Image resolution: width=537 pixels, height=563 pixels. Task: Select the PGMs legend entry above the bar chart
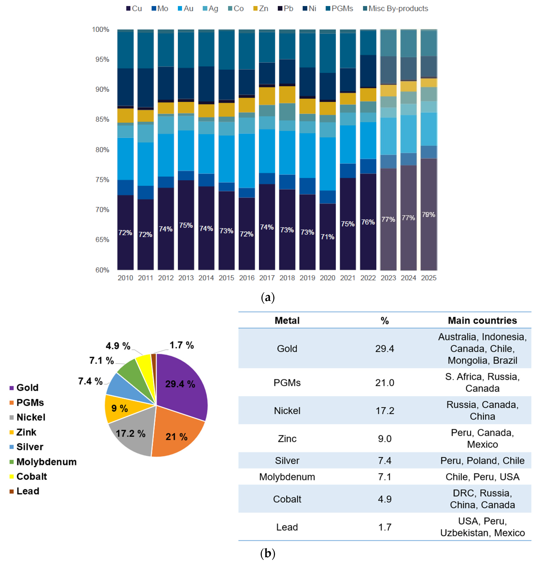(x=340, y=9)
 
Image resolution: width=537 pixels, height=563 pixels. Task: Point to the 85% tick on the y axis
(x=102, y=120)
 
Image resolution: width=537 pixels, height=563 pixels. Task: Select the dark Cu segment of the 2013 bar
(x=186, y=244)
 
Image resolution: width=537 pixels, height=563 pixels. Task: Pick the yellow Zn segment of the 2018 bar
(x=287, y=95)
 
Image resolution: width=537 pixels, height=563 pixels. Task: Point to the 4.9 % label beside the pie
(x=118, y=346)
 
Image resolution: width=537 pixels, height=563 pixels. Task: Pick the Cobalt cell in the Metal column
(x=287, y=499)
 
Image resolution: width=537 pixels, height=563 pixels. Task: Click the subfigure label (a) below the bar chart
(x=268, y=297)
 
